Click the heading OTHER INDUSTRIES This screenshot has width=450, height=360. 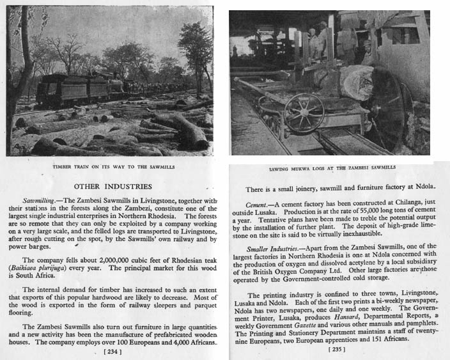click(112, 187)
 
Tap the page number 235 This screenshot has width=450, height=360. click(336, 349)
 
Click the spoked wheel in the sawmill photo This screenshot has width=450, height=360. click(304, 114)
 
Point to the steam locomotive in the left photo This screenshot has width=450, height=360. click(61, 90)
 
